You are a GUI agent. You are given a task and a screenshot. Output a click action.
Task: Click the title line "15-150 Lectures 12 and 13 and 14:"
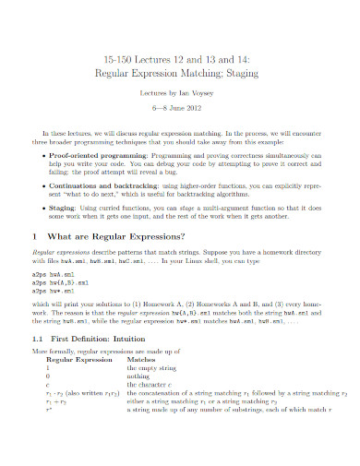(181, 55)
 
